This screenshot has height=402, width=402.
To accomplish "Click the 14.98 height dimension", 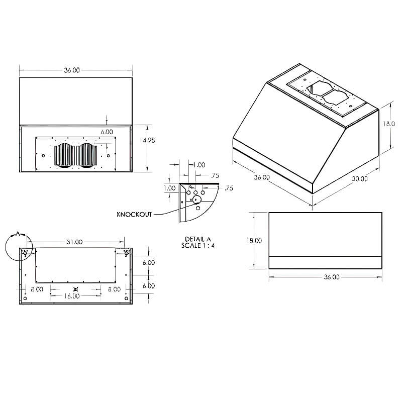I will point(148,141).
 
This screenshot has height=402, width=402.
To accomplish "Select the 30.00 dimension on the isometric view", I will point(359,178).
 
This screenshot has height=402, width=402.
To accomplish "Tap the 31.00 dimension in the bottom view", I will point(74,242).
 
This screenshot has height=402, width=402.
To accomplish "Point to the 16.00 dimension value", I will point(71,296).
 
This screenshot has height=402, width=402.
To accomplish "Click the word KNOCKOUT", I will point(134,215).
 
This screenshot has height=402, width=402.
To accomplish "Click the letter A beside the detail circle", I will point(18,234).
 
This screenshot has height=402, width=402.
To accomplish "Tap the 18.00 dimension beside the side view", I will point(254,241).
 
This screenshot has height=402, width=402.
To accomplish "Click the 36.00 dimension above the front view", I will point(72,70).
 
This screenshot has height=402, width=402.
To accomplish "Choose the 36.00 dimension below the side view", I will point(332,277).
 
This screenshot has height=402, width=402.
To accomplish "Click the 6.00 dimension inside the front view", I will point(107,131).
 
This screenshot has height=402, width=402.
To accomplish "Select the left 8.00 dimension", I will point(36,289).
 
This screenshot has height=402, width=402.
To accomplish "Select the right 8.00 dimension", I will point(114,289).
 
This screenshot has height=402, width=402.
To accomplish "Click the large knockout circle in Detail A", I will point(197,199).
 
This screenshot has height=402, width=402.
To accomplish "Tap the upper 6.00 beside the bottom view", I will point(149,263).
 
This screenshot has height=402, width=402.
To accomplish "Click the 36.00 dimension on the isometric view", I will point(261,177).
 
